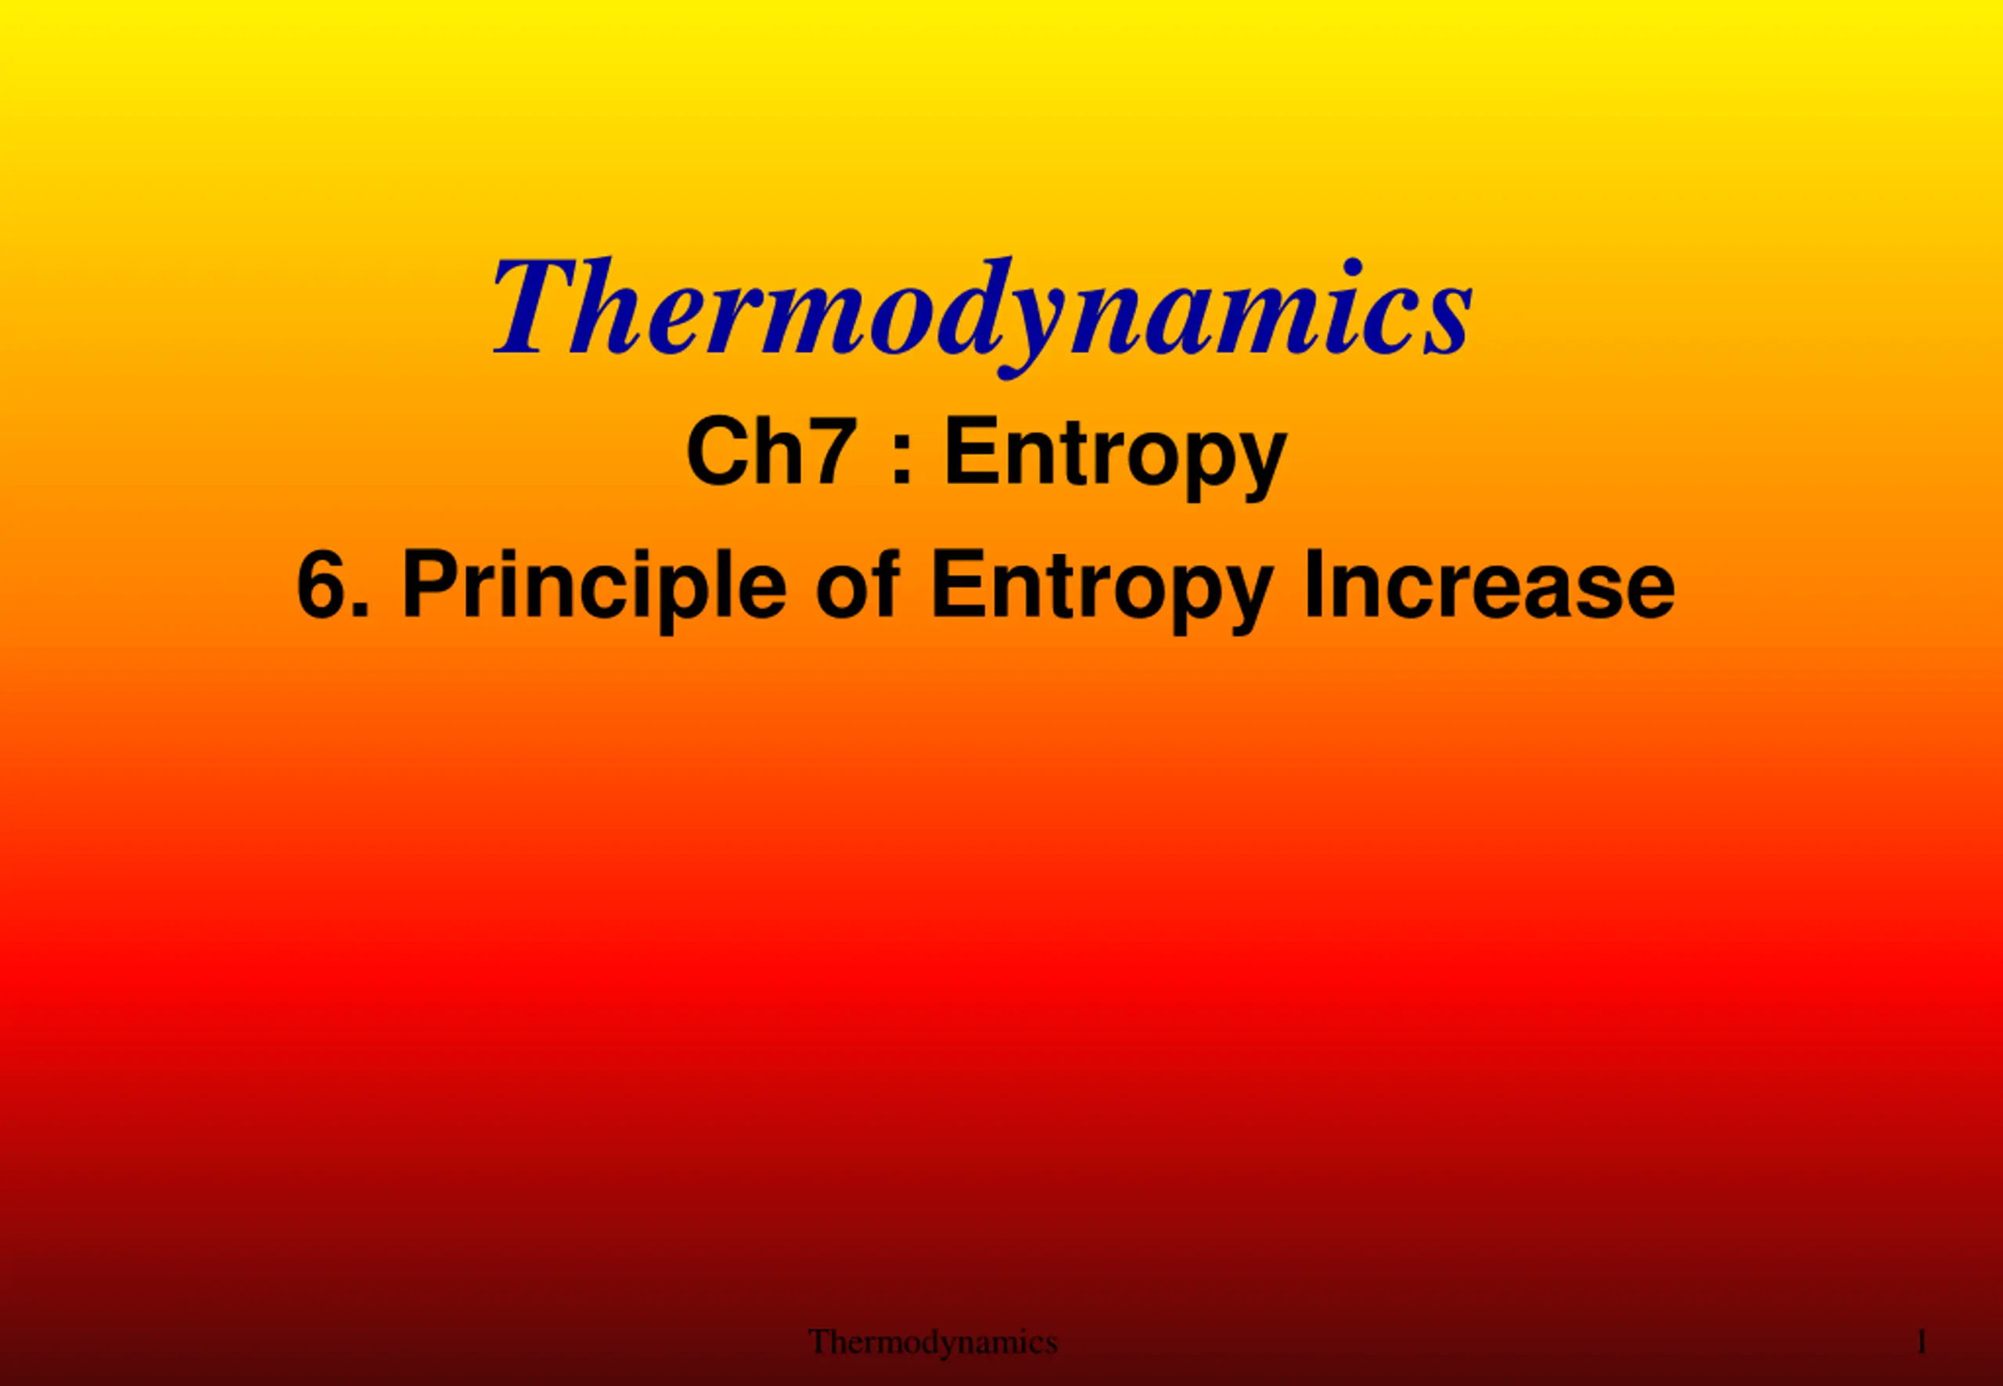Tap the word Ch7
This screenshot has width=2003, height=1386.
pyautogui.click(x=767, y=451)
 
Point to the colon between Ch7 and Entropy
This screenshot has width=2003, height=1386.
pyautogui.click(x=901, y=460)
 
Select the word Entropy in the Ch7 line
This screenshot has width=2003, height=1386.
pyautogui.click(x=1115, y=458)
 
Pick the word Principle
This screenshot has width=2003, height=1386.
pyautogui.click(x=594, y=591)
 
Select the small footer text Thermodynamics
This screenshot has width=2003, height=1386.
pyautogui.click(x=933, y=1341)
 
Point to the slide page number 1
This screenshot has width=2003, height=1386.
pyautogui.click(x=1922, y=1341)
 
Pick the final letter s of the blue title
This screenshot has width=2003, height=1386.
pyautogui.click(x=1445, y=323)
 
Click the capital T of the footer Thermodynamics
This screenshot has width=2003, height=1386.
pyautogui.click(x=821, y=1341)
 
